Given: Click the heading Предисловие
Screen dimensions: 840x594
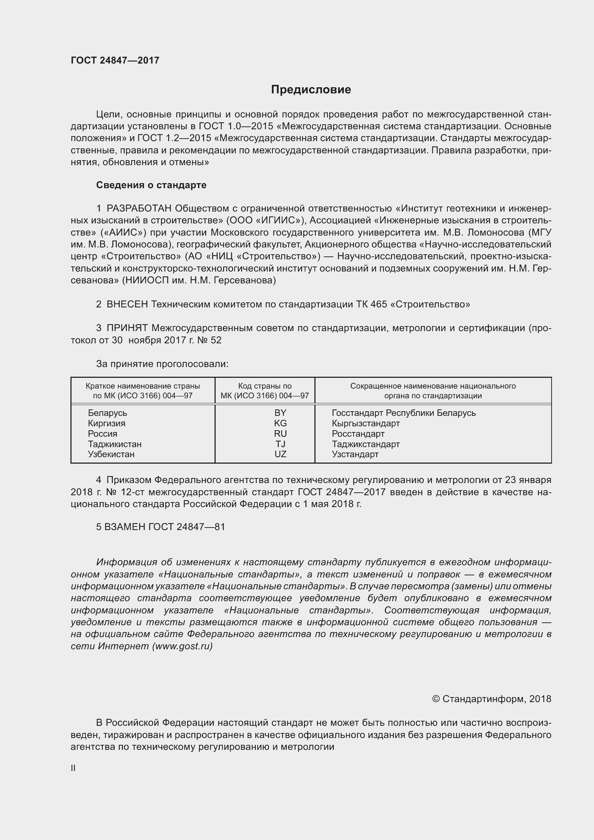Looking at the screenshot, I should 311,90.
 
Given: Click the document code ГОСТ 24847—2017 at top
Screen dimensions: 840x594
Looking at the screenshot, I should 115,60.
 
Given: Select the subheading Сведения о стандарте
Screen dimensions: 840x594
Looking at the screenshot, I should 151,185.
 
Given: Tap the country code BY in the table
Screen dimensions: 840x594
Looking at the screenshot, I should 280,413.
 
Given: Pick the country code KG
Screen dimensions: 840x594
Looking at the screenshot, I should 280,423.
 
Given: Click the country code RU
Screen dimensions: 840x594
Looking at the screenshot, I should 280,433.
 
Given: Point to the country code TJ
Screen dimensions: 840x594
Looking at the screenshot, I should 280,444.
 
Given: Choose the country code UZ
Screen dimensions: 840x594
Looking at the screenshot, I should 280,454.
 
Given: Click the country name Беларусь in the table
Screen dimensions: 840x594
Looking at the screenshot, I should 107,413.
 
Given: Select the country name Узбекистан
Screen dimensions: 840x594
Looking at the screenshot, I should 111,454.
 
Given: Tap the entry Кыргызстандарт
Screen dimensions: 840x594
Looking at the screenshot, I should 365,423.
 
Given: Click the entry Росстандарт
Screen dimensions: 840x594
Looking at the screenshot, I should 358,433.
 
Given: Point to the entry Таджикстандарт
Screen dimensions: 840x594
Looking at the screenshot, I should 365,444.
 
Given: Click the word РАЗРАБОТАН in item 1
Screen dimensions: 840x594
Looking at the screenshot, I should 139,209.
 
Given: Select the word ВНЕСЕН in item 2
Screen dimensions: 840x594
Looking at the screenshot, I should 127,305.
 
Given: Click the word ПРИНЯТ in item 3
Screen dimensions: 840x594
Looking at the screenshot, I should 126,328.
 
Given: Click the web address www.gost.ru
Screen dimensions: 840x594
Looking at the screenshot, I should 182,646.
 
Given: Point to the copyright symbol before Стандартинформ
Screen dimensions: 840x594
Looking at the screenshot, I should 436,699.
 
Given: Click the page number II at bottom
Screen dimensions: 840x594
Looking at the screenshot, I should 73,768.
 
